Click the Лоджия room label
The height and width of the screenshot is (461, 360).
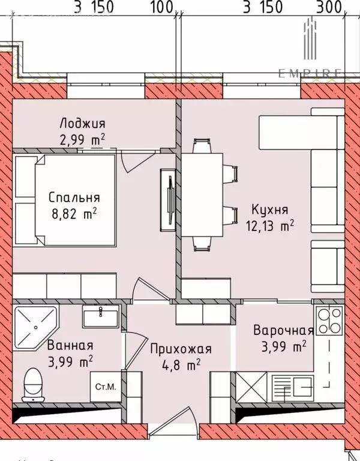point(82,124)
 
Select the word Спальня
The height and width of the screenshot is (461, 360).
point(74,197)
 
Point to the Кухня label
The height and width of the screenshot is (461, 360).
point(270,211)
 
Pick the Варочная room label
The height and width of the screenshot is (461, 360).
point(284,331)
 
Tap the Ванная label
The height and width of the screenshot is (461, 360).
point(71,345)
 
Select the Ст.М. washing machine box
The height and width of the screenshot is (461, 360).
point(106,387)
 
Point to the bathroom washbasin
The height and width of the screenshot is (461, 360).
point(101,315)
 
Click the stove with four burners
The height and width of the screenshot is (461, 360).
point(329,321)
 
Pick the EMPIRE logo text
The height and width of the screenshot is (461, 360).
point(310,73)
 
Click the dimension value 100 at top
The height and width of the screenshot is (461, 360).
point(160,7)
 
